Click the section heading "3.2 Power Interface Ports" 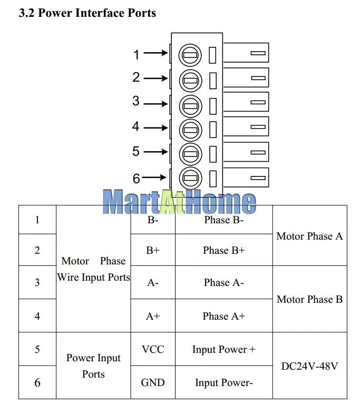tap(87, 13)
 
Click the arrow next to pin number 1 tap(155, 53)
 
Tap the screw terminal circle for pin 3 tap(190, 105)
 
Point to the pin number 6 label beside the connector tap(136, 179)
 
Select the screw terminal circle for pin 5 tap(190, 154)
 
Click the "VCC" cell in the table tap(153, 349)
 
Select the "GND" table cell tap(153, 382)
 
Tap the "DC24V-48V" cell tap(309, 366)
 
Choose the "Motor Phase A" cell tap(309, 236)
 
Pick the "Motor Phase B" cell tap(309, 299)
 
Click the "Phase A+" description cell tap(223, 316)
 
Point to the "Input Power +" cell tap(223, 349)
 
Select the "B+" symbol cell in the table tap(153, 250)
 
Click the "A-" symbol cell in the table tap(153, 283)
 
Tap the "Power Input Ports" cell tap(93, 366)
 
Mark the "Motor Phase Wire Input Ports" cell tap(93, 269)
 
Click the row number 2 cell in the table tap(37, 250)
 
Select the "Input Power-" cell tap(223, 382)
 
